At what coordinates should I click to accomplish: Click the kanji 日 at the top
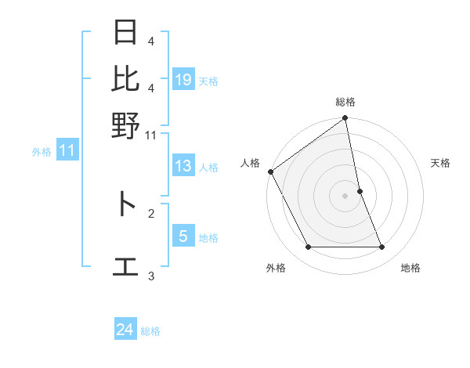[x=125, y=34]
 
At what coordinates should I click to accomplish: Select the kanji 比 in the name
[x=125, y=79]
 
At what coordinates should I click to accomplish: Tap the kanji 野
[x=125, y=125]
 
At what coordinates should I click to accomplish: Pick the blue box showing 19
[x=183, y=80]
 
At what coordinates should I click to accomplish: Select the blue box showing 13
[x=183, y=166]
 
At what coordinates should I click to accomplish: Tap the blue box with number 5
[x=183, y=236]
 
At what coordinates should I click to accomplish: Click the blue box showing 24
[x=125, y=330]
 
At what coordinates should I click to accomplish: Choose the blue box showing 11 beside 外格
[x=67, y=151]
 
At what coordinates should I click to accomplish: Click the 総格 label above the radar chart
[x=345, y=103]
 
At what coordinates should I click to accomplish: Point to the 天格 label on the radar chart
[x=440, y=163]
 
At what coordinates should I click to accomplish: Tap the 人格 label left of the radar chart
[x=250, y=163]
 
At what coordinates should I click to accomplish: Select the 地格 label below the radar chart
[x=410, y=268]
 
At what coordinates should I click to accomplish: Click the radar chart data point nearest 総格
[x=345, y=119]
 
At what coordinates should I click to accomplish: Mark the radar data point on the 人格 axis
[x=270, y=171]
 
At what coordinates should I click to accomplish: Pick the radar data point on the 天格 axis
[x=360, y=191]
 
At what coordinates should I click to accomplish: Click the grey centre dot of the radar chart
[x=345, y=196]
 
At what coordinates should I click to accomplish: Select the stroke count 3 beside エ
[x=151, y=276]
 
